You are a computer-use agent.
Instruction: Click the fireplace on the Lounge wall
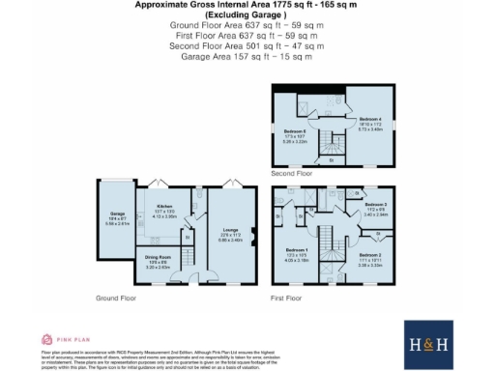253,232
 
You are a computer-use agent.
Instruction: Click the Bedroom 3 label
375,205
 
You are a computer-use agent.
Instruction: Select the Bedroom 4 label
359,122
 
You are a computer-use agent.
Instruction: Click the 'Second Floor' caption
293,174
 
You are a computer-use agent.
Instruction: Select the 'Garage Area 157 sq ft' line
247,57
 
